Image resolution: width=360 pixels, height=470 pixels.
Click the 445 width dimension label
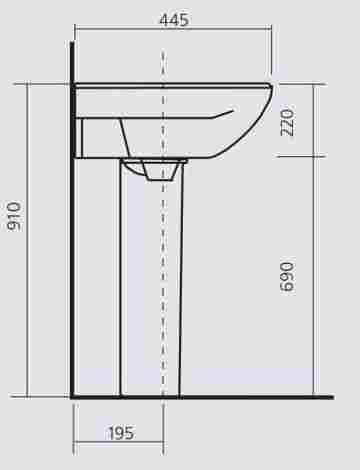point(174,20)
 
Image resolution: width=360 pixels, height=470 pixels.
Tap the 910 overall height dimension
point(15,216)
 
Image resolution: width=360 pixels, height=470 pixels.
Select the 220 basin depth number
point(287,122)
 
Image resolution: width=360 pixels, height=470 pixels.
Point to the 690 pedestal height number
point(287,277)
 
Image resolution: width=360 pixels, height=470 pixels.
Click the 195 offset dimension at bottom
point(121,433)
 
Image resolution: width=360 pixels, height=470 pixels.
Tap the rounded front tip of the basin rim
point(271,88)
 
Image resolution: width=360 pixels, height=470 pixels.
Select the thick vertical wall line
point(72,219)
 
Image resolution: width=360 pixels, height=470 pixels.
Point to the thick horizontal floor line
point(202,397)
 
